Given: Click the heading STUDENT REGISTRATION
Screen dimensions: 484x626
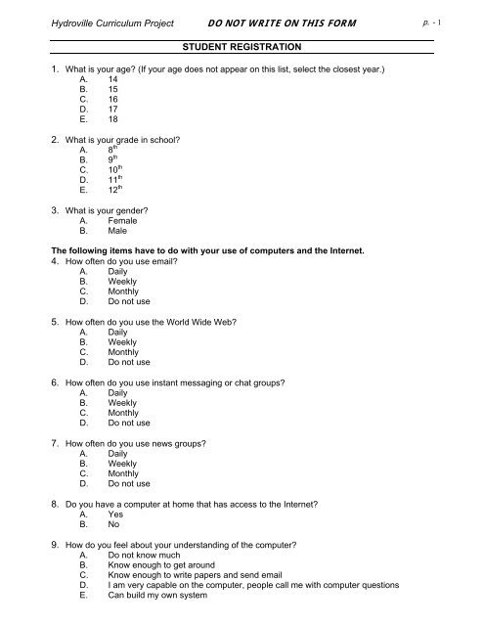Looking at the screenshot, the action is click(242, 46).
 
